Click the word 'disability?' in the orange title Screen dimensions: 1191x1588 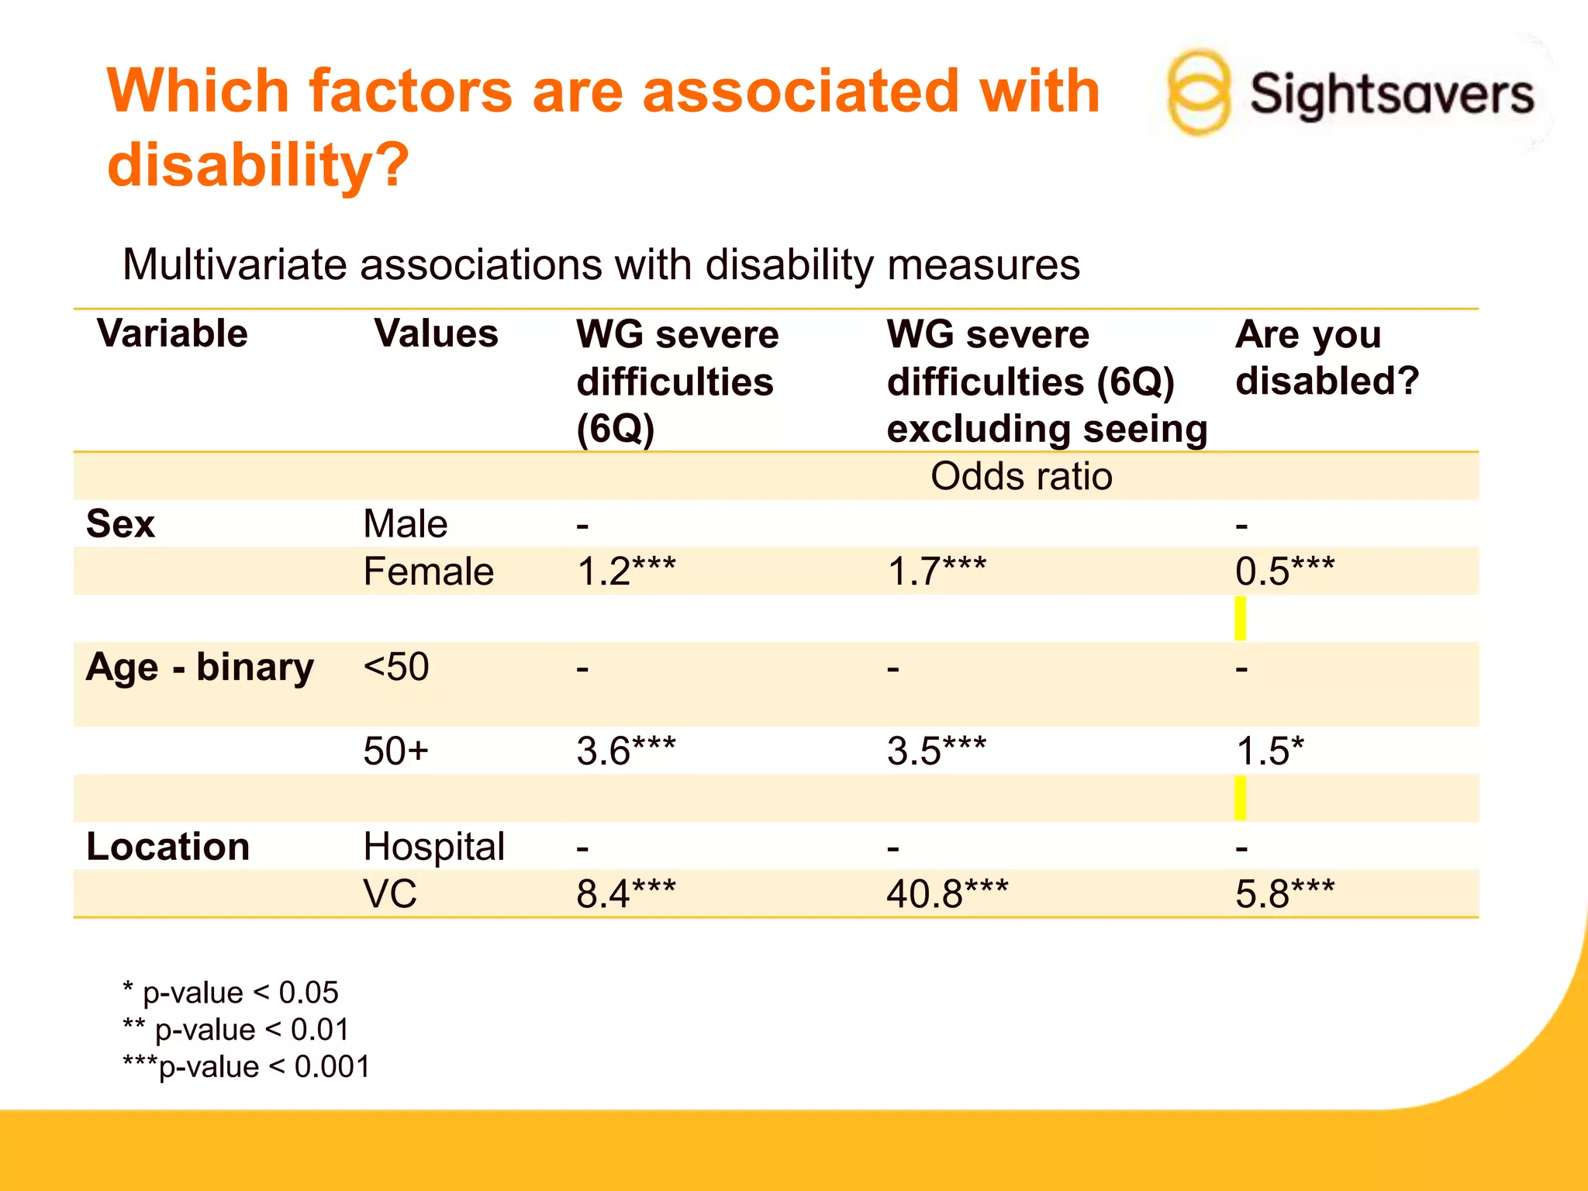tap(258, 165)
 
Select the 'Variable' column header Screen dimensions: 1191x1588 tap(172, 333)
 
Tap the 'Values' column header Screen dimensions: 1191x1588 tap(436, 333)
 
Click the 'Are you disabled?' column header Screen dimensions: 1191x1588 tap(1326, 357)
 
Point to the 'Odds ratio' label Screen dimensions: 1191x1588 tap(1021, 476)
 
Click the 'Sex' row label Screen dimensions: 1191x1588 tap(121, 524)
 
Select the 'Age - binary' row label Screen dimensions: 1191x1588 tap(200, 668)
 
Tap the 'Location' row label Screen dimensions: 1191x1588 tap(167, 847)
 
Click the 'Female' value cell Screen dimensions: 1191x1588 tap(428, 572)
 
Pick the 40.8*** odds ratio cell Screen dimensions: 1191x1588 tap(947, 894)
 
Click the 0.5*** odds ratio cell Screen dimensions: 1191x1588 tap(1284, 572)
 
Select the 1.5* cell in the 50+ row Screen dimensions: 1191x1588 tap(1269, 751)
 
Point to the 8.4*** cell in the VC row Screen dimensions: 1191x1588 tap(626, 894)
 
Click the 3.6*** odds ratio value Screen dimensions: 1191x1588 tap(626, 751)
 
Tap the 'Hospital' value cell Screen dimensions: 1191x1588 tap(433, 847)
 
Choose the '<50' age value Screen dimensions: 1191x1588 tap(395, 668)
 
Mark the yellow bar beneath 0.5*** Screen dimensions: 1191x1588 tap(1240, 618)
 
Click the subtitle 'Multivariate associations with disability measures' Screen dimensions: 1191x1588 tap(601, 265)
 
